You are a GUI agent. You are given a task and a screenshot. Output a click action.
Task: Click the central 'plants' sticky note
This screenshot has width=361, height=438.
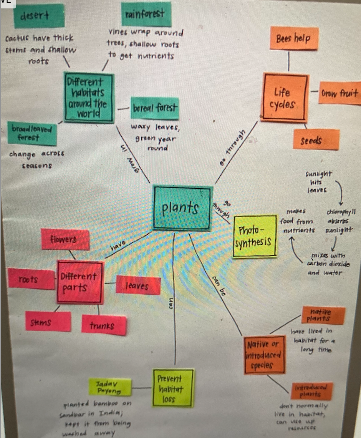click(182, 209)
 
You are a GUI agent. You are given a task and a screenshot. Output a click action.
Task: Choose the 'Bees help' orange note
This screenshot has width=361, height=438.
click(294, 38)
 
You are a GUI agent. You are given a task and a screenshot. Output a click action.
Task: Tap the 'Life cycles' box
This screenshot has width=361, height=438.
click(285, 97)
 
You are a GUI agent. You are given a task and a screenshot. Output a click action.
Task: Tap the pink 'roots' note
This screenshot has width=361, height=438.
click(29, 279)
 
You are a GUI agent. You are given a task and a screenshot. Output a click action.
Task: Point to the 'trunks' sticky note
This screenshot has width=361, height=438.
click(104, 326)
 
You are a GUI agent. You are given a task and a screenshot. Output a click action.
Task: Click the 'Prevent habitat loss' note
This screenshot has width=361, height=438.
click(168, 388)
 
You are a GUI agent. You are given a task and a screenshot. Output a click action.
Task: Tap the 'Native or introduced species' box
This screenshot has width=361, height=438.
click(265, 354)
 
